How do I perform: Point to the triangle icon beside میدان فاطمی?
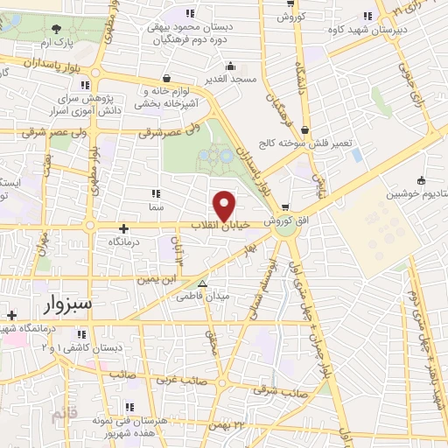click(x=203, y=283)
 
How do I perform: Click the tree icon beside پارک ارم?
click(x=57, y=28)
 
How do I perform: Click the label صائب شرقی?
click(x=283, y=393)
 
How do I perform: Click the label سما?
click(x=156, y=207)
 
